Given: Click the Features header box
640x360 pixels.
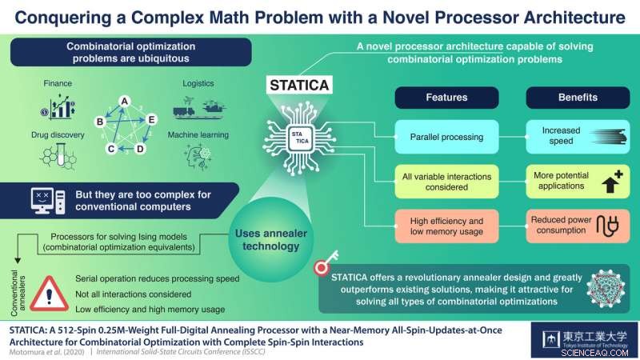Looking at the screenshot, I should pos(446,97).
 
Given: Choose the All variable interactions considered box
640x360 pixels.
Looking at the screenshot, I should pos(446,181).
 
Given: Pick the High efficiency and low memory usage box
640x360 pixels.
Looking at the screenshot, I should pos(446,225).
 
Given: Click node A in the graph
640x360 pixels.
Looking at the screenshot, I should pos(125,100).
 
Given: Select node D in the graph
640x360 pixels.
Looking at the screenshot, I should pos(140,149).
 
